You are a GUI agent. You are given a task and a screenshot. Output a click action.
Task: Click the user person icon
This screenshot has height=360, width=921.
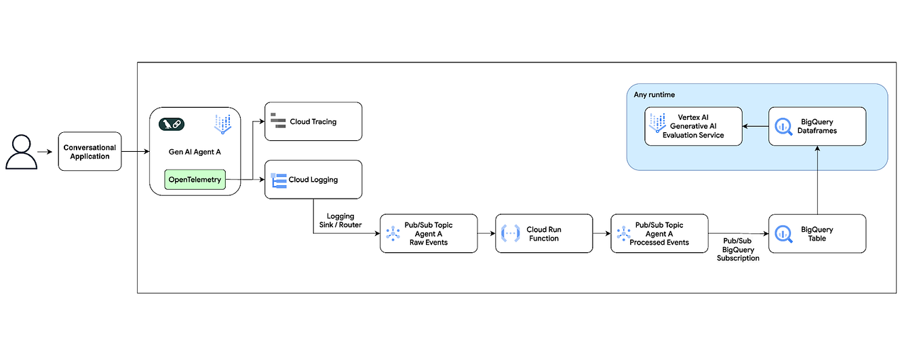click(21, 152)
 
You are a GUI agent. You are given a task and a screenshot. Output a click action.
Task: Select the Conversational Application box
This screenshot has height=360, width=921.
click(90, 152)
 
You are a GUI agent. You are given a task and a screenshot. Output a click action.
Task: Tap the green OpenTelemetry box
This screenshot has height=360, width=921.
click(195, 180)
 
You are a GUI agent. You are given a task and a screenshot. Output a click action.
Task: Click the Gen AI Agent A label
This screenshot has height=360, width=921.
click(195, 152)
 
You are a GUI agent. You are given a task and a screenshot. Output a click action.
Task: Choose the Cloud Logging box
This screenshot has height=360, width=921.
click(313, 180)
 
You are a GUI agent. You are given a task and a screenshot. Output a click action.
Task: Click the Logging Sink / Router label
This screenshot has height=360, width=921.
click(340, 221)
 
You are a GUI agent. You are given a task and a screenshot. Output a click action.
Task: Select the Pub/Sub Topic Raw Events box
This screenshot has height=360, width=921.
click(428, 234)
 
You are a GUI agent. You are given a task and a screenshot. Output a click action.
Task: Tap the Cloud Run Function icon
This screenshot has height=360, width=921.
click(510, 234)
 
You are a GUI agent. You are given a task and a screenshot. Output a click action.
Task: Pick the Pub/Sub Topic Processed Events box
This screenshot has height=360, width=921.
click(659, 234)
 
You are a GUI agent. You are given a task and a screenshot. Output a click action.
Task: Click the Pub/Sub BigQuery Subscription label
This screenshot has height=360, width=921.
click(738, 249)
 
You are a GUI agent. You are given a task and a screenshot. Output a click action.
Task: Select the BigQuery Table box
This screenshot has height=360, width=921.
click(817, 234)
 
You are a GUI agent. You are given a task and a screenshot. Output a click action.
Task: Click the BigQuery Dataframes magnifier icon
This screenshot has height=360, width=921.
click(783, 126)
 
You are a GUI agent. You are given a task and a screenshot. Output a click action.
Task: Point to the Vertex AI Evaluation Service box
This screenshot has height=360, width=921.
click(693, 126)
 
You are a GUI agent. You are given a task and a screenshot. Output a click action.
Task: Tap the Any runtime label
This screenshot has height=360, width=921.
click(654, 95)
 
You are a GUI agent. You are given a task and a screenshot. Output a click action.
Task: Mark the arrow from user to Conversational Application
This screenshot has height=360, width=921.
click(44, 152)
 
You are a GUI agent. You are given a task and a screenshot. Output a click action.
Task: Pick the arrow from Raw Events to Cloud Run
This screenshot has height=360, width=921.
click(486, 234)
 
